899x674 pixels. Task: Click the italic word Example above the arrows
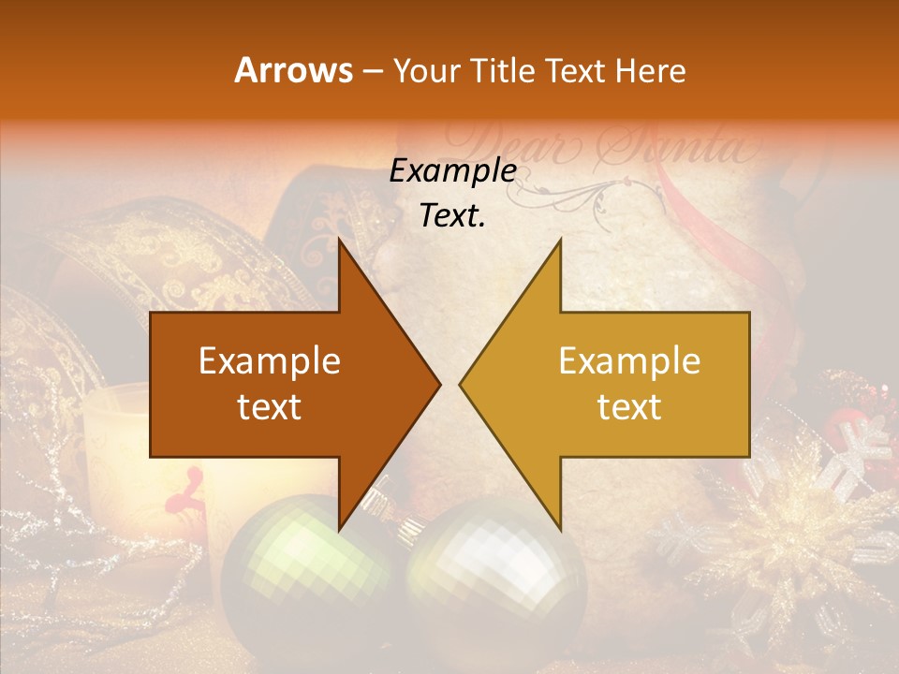tap(453, 171)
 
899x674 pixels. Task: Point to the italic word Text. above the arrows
tap(453, 215)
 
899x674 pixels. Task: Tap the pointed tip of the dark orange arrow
tap(436, 384)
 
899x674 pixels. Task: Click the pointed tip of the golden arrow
tap(464, 384)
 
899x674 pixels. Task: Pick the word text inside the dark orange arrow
tap(270, 407)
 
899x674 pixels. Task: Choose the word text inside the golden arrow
tap(629, 407)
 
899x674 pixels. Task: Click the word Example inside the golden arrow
tap(629, 361)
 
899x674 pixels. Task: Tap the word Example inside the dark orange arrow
tap(270, 361)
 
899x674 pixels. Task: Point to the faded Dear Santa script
tap(599, 145)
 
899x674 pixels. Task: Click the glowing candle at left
tap(117, 440)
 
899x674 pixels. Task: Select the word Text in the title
tap(578, 70)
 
